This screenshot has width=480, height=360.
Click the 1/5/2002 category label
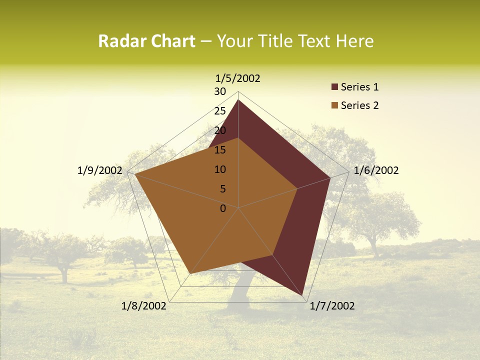[x=238, y=78]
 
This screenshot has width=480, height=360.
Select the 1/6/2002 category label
[x=376, y=170]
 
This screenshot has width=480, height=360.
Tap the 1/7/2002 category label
[x=332, y=306]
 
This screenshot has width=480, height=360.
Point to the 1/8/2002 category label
[x=144, y=306]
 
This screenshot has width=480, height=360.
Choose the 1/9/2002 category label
[x=100, y=170]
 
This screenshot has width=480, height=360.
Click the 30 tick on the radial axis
[x=220, y=91]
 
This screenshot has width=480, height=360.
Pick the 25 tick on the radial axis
[x=220, y=111]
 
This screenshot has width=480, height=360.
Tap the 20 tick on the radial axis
[x=220, y=130]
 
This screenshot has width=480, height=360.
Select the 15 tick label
[x=220, y=150]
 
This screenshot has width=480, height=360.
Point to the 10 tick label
[x=220, y=169]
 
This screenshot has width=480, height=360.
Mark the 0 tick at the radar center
[x=223, y=208]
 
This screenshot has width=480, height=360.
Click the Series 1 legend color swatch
[x=334, y=87]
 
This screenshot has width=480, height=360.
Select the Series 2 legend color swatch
[x=334, y=105]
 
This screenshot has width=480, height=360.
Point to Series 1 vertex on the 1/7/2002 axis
[x=303, y=295]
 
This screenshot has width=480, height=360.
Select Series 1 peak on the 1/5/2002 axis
[x=238, y=99]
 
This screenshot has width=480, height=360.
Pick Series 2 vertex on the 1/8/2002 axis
[x=190, y=273]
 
